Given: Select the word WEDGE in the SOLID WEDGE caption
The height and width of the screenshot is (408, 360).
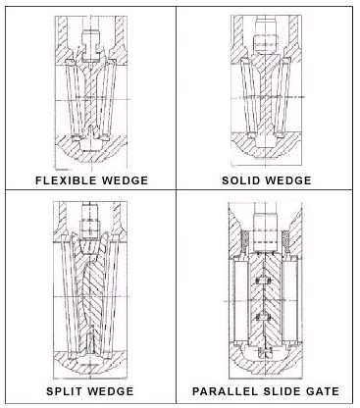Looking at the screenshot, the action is pyautogui.click(x=287, y=180).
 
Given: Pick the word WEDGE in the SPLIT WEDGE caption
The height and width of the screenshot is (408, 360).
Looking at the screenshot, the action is pyautogui.click(x=110, y=391).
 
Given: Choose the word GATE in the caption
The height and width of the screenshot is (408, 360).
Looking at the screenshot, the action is pyautogui.click(x=323, y=391).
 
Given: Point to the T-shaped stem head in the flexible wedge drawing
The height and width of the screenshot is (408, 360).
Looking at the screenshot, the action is pyautogui.click(x=90, y=45).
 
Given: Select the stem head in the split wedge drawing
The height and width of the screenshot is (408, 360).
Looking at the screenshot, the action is pyautogui.click(x=89, y=221).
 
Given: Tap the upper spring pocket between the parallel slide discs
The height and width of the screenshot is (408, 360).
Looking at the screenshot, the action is pyautogui.click(x=263, y=280).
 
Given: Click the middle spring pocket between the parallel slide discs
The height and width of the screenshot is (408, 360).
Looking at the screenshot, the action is pyautogui.click(x=263, y=316).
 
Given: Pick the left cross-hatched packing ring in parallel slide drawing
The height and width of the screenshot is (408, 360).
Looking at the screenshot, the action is pyautogui.click(x=244, y=241).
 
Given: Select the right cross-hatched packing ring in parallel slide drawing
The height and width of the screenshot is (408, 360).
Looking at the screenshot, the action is pyautogui.click(x=285, y=241).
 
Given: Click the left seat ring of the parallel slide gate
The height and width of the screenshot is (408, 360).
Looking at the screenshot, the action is pyautogui.click(x=241, y=301).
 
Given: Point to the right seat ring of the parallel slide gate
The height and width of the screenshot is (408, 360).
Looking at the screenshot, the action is pyautogui.click(x=289, y=301).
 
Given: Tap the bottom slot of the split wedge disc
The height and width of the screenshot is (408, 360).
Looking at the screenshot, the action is pyautogui.click(x=89, y=341).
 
